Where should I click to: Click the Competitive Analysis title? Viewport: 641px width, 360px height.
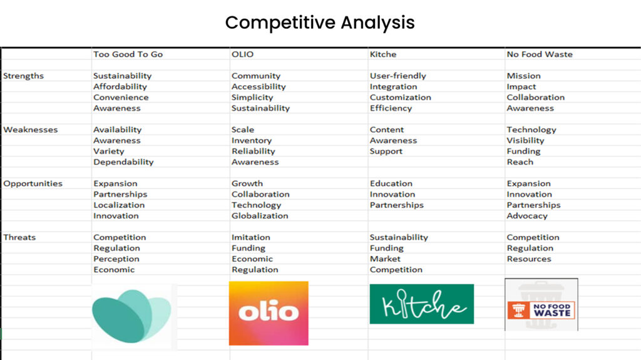[x=320, y=23]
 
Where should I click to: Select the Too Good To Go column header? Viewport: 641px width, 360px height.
[x=128, y=54]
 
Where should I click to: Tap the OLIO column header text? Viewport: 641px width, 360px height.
[x=242, y=54]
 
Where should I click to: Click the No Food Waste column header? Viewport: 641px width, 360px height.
[x=540, y=54]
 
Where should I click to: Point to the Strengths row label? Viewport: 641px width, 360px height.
[x=23, y=76]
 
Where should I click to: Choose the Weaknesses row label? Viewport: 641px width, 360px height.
[x=31, y=130]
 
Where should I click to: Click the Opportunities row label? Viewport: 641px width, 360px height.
[x=33, y=183]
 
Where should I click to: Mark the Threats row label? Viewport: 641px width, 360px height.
[x=19, y=237]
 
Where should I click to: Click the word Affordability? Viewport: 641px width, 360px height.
[x=120, y=87]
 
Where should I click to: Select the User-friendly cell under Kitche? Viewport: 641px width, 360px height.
[x=397, y=76]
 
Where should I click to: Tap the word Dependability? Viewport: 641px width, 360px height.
[x=123, y=162]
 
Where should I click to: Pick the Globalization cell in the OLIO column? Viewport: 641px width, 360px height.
[x=260, y=215]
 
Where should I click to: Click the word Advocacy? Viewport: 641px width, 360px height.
[x=527, y=216]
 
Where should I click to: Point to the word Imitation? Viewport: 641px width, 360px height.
[x=250, y=237]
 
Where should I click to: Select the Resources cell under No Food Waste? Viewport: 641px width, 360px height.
[x=529, y=259]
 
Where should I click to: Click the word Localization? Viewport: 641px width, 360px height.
[x=119, y=205]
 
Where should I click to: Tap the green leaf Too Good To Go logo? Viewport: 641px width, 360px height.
[x=131, y=316]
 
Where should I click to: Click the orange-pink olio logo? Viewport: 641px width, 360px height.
[x=269, y=314]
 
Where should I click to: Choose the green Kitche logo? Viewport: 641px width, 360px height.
[x=422, y=304]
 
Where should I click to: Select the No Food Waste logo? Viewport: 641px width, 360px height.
[x=541, y=305]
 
